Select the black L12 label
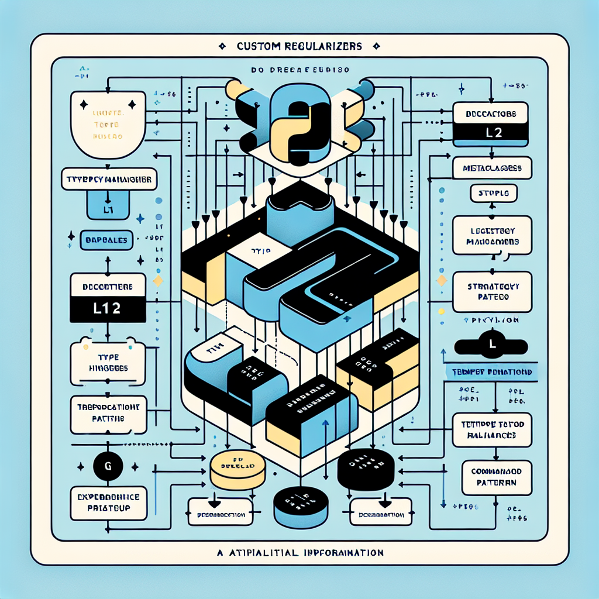[x=108, y=309]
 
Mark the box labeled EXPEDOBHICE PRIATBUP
[x=108, y=502]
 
